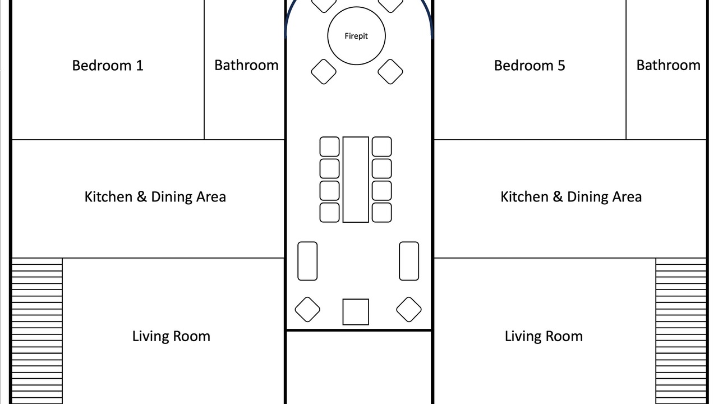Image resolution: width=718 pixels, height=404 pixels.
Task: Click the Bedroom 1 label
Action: pos(107,66)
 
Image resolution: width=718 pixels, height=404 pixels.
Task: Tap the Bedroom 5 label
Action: pos(530,66)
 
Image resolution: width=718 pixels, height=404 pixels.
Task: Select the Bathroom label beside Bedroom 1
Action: pos(246,66)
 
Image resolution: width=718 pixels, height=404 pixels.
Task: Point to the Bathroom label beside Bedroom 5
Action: pos(668,66)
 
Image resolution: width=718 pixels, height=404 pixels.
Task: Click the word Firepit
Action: pos(356,36)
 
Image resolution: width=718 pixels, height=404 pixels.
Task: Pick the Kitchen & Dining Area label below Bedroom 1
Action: pos(155,197)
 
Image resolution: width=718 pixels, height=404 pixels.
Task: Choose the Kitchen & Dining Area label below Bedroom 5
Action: pos(571,197)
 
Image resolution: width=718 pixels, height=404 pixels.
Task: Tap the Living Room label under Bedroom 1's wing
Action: pos(171,336)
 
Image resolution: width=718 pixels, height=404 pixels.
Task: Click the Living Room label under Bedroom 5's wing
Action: pos(544,336)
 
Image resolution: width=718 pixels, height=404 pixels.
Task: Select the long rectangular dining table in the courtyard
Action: pos(356,180)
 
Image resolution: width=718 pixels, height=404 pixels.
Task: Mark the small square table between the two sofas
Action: pos(356,312)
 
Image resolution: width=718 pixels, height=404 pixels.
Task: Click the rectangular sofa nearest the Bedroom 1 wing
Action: pos(307,261)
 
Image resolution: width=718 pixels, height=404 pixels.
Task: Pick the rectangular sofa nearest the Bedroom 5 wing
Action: pos(409,261)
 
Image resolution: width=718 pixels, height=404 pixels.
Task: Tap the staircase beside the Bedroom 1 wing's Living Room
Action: pos(37,331)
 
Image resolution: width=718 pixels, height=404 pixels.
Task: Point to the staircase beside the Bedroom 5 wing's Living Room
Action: pos(681,331)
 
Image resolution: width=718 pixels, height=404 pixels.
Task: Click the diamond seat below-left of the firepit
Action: pos(324,72)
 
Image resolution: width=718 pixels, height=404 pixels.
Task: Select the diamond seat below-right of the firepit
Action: pos(390,72)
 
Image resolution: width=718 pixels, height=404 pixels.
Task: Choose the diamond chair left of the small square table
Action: pos(307,309)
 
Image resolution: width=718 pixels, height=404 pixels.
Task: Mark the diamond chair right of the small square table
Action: pos(409,309)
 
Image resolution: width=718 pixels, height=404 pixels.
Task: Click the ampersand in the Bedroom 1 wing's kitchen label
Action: pos(142,196)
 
